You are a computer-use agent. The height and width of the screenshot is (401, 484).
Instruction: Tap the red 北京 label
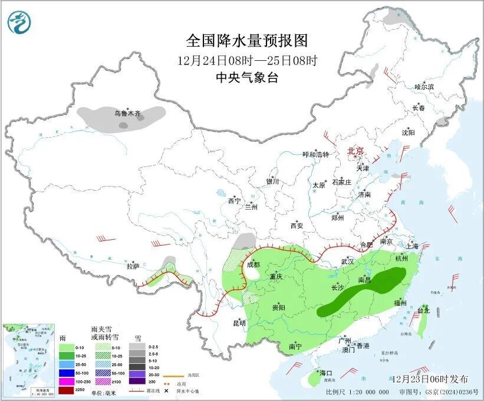click(x=357, y=151)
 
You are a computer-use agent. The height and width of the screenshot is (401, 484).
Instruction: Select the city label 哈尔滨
click(x=424, y=87)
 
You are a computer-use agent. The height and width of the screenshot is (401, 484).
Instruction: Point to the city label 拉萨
click(x=133, y=266)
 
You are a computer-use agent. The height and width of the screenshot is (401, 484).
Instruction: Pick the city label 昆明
click(x=239, y=322)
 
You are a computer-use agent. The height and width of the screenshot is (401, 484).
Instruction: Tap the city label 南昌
click(x=364, y=278)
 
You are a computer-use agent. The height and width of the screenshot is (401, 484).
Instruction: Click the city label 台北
click(x=423, y=310)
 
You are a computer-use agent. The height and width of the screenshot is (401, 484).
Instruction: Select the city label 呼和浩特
click(x=315, y=154)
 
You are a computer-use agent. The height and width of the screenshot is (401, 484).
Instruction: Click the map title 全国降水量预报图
click(x=247, y=41)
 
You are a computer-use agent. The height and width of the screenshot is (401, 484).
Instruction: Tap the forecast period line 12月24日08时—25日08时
click(x=247, y=60)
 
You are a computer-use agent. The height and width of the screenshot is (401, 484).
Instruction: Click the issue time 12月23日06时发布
click(x=429, y=378)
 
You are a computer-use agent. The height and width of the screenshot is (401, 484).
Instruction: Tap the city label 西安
click(x=296, y=226)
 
